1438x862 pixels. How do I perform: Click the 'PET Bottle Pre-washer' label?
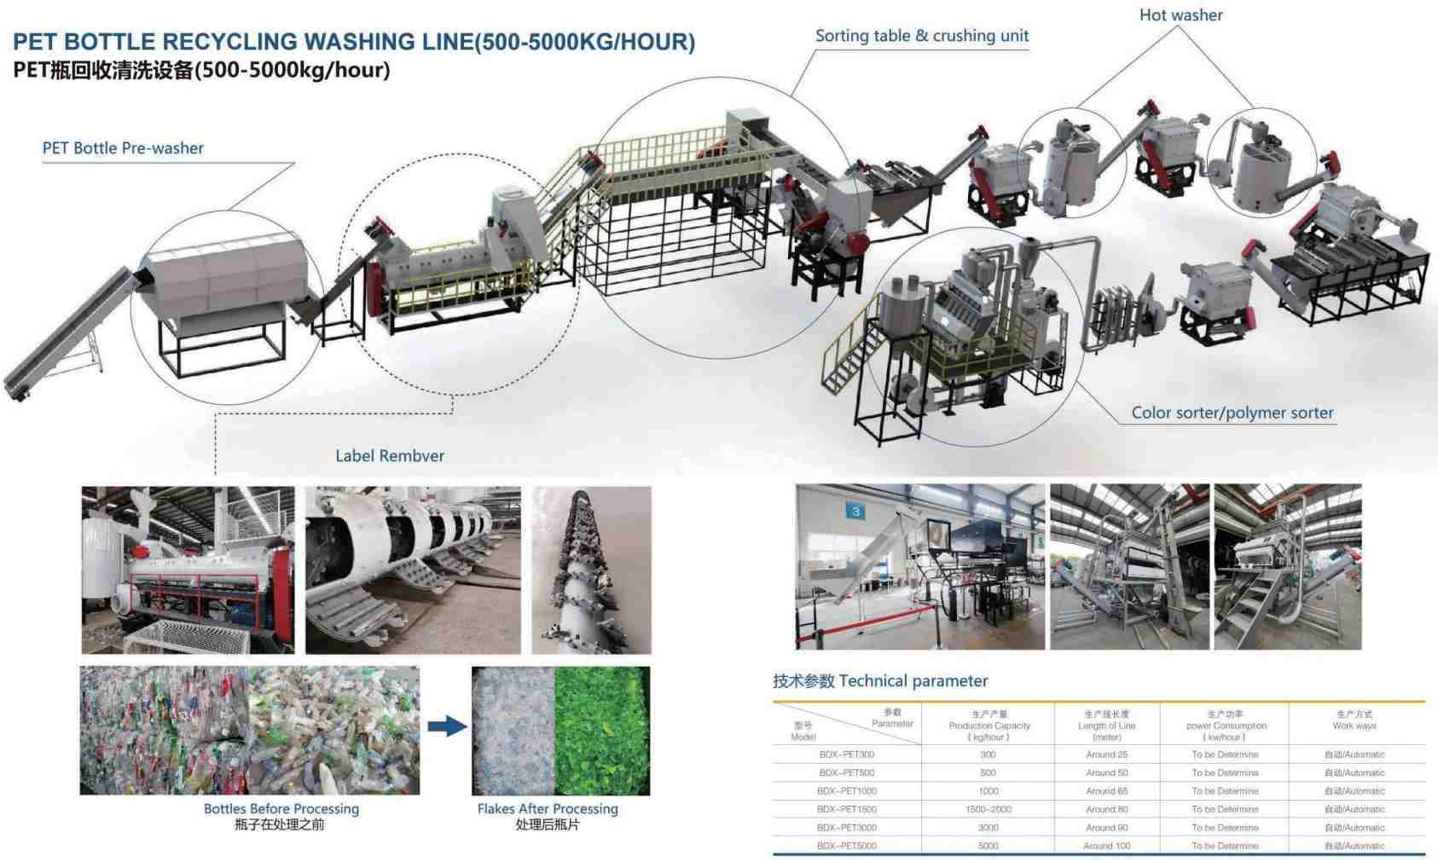click(123, 148)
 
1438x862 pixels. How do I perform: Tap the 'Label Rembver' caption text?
click(390, 456)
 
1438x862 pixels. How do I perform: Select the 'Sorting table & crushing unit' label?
click(921, 36)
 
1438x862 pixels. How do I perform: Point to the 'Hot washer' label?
click(1180, 15)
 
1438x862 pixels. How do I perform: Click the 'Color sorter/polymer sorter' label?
click(1232, 413)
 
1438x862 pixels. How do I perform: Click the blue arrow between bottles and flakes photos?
click(447, 726)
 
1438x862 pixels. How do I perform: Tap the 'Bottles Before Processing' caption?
click(281, 808)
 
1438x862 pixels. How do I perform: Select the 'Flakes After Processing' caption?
click(548, 808)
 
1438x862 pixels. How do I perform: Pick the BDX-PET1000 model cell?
click(846, 791)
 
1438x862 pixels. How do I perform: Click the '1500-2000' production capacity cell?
click(989, 809)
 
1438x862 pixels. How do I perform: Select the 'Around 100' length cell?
click(1106, 846)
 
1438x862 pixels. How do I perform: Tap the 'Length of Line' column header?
click(1106, 726)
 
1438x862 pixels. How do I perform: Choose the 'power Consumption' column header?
click(1226, 726)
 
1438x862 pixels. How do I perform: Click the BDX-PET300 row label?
click(846, 755)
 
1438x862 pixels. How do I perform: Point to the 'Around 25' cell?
click(1106, 755)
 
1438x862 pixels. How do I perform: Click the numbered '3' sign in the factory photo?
click(855, 512)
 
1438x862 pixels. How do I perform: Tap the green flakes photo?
click(602, 731)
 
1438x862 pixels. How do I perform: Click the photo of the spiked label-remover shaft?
click(591, 570)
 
